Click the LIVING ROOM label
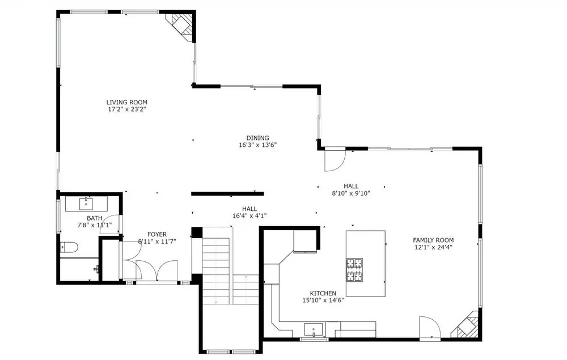tap(126, 102)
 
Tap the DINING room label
tap(257, 138)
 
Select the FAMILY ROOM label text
tap(433, 240)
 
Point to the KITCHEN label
tap(323, 293)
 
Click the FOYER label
tap(157, 234)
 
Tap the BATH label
tap(94, 218)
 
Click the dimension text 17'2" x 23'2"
tap(126, 109)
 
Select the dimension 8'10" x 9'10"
tap(351, 193)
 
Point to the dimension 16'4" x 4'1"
tap(249, 216)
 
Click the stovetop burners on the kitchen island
tap(354, 270)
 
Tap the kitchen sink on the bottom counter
tap(313, 329)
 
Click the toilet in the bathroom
tap(69, 248)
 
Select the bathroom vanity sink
tap(86, 204)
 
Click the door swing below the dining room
tap(335, 159)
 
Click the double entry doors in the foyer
tap(156, 270)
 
